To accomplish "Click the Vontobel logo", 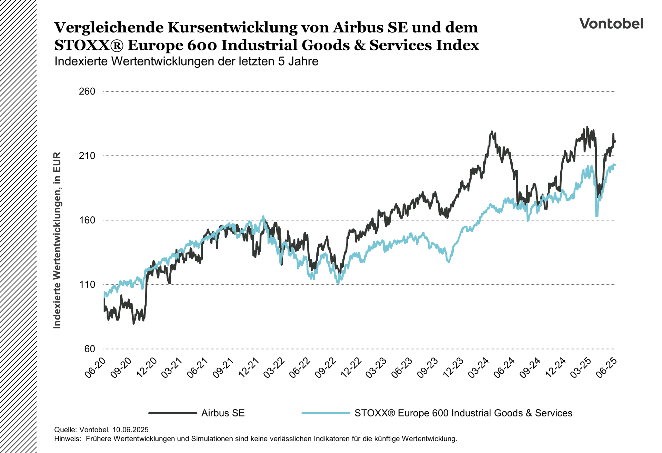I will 611,23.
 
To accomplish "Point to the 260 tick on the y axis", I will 87,91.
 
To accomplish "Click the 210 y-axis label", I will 87,156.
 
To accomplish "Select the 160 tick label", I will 87,220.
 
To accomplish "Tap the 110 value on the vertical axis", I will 87,285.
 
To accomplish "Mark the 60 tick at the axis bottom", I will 90,349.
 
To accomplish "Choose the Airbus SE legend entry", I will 223,413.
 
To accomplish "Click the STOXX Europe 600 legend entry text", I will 463,413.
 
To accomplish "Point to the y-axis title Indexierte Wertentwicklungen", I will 57,240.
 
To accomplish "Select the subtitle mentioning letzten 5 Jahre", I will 186,61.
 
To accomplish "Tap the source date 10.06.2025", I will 130,430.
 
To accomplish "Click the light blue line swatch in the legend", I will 325,413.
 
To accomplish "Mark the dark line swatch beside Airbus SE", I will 172,413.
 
